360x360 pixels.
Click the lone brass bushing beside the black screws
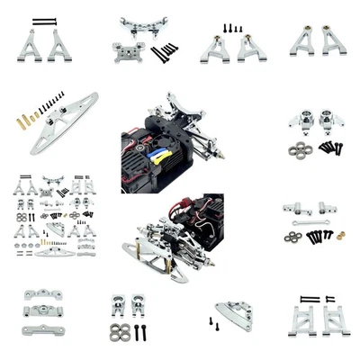pyautogui.click(x=341, y=236)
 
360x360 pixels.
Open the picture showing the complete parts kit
pyautogui.click(x=54, y=220)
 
